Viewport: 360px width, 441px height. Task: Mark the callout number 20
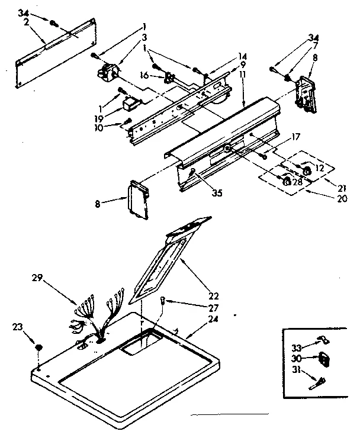pyautogui.click(x=341, y=199)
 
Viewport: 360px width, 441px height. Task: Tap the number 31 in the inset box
pyautogui.click(x=295, y=371)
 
